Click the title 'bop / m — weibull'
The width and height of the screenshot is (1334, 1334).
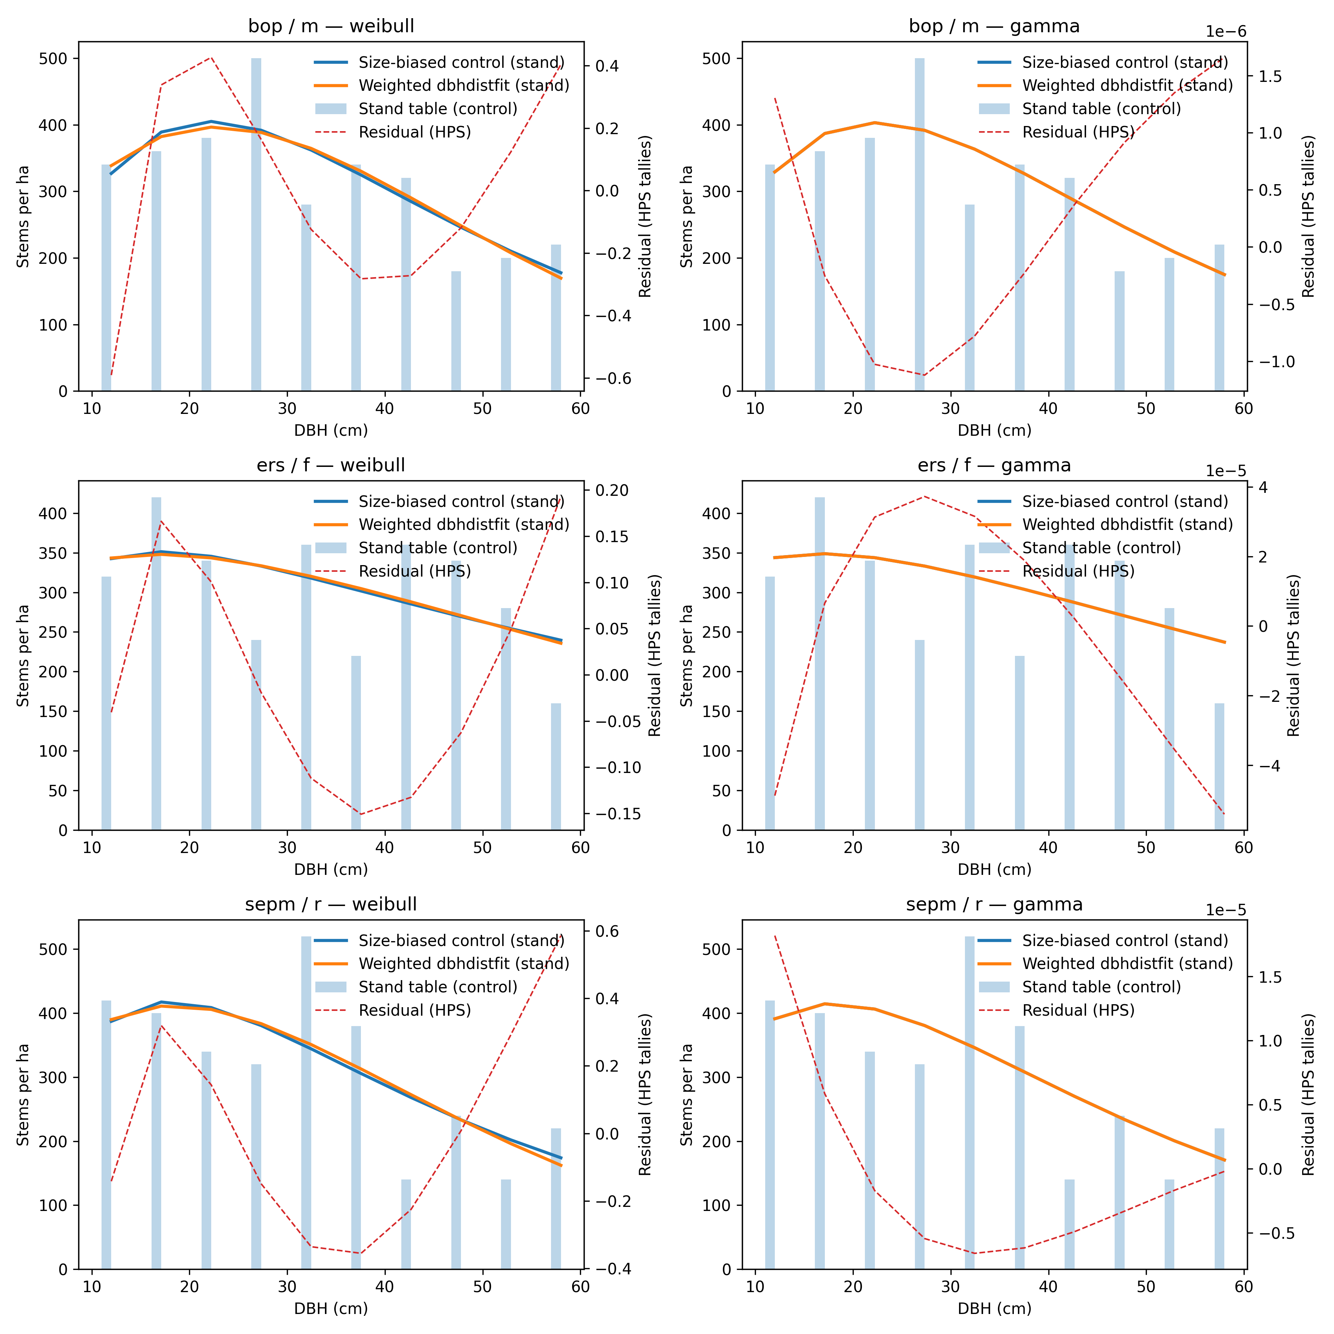331,26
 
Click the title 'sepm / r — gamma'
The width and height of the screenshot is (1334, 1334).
994,905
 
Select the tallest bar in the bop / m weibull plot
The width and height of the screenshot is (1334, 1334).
256,225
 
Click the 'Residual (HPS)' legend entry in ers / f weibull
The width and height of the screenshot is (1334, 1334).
414,571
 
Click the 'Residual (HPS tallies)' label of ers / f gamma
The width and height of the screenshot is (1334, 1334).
1293,655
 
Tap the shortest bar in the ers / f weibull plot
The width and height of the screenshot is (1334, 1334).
556,766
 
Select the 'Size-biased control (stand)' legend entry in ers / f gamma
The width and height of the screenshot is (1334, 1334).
1125,501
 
